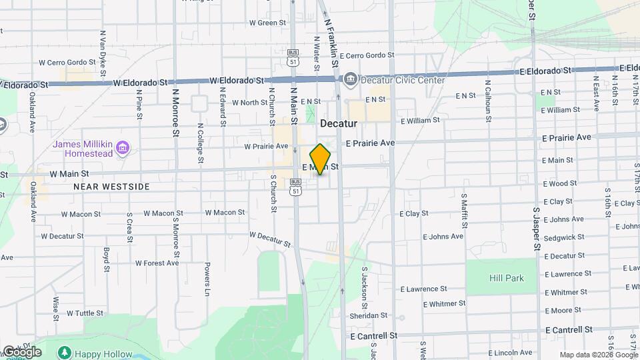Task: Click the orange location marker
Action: tap(321, 159)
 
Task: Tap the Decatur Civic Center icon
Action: tap(350, 80)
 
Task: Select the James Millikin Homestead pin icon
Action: tap(122, 146)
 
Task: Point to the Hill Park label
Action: tap(507, 278)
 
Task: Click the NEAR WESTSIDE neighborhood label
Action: tap(112, 187)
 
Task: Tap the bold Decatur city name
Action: tap(339, 123)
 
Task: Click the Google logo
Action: tap(21, 351)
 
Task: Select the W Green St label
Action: tap(267, 23)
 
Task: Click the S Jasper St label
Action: tap(535, 227)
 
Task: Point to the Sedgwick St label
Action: tap(564, 237)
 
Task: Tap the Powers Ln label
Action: tap(207, 280)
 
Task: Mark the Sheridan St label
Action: tap(369, 315)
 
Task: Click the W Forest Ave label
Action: tap(157, 263)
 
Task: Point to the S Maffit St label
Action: tap(464, 210)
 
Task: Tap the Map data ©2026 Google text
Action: tap(599, 355)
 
